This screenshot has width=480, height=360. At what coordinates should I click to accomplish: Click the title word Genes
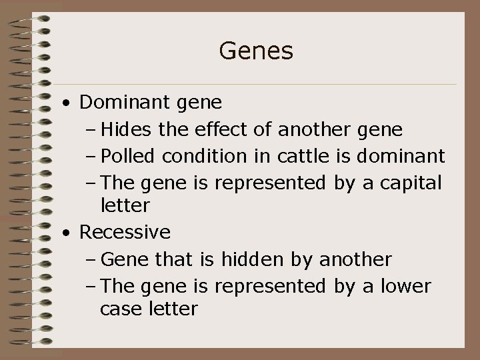(256, 51)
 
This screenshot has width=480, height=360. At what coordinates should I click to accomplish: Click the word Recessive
(125, 233)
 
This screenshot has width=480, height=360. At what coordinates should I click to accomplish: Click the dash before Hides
(91, 130)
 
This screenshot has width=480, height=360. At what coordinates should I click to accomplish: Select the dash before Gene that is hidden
(91, 259)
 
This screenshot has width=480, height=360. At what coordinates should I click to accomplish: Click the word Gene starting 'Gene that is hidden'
(122, 259)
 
